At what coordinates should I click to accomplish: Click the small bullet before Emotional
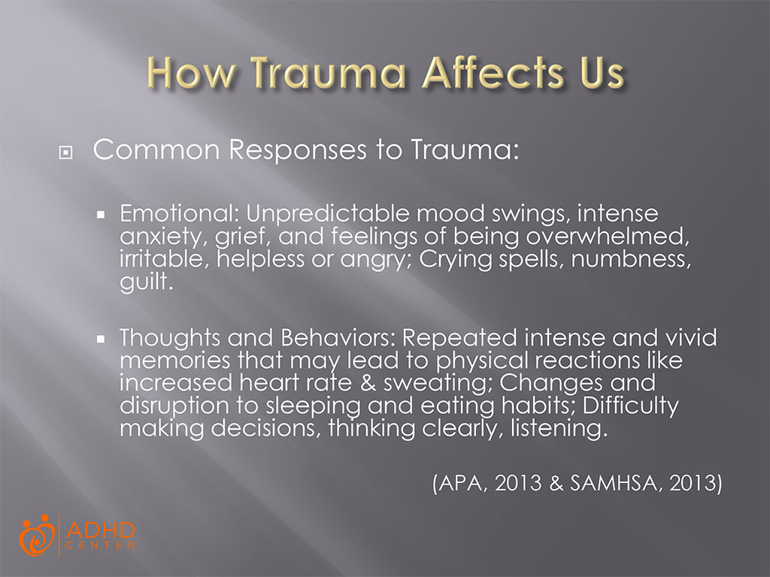[103, 215]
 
